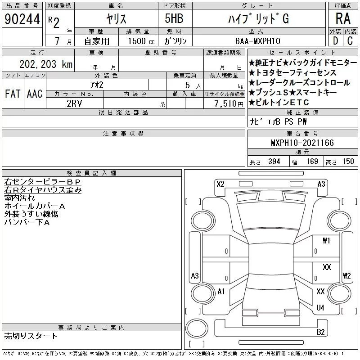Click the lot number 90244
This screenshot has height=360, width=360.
[x=22, y=19]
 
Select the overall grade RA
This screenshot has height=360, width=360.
[x=343, y=18]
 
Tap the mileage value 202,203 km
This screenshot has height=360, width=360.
[x=46, y=64]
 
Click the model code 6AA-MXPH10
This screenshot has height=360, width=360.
[x=257, y=41]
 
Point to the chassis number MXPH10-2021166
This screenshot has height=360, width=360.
[x=302, y=143]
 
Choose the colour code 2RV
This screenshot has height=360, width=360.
[x=74, y=103]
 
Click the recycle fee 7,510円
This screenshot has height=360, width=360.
[x=229, y=104]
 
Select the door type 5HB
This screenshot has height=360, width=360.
[x=174, y=18]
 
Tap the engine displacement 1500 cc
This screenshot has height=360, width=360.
[x=141, y=41]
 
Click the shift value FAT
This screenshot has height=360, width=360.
[x=13, y=94]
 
